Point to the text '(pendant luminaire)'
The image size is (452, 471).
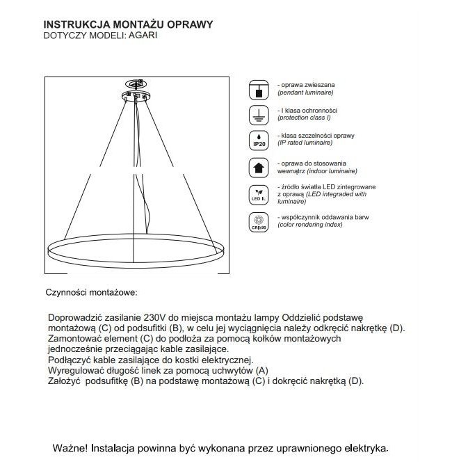coord(306,92)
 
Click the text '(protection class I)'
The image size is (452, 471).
coord(307,117)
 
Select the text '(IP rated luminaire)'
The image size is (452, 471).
coord(307,142)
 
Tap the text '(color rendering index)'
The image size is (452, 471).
coord(312,225)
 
